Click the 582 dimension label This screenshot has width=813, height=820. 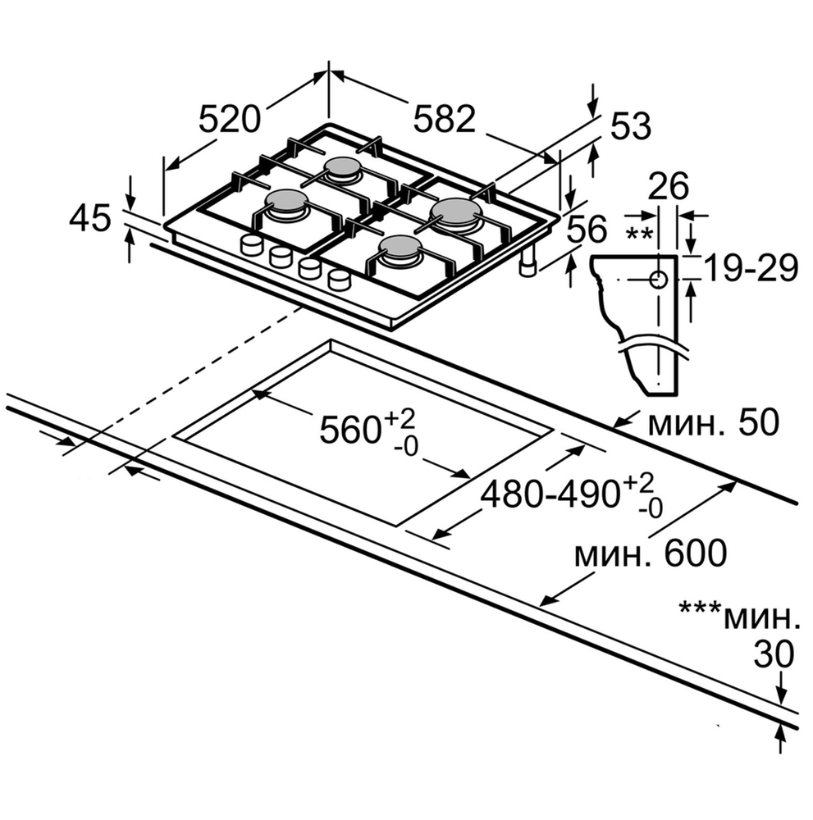click(444, 121)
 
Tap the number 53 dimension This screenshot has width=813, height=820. click(630, 126)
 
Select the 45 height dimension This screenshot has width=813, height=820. click(90, 219)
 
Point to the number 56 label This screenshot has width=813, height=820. click(587, 230)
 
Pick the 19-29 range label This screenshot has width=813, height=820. click(751, 268)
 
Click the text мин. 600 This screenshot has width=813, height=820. click(650, 553)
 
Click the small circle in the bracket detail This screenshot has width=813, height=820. click(659, 280)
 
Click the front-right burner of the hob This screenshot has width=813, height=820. click(402, 249)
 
